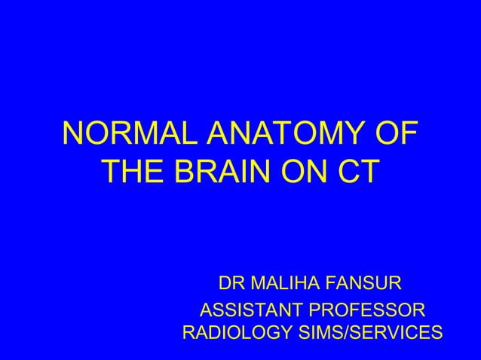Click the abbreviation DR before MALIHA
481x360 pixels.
[x=231, y=285]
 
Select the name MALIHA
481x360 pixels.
[x=287, y=285]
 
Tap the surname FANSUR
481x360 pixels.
[x=367, y=285]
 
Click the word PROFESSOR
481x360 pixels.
[x=369, y=310]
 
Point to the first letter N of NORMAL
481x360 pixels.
[x=74, y=136]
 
